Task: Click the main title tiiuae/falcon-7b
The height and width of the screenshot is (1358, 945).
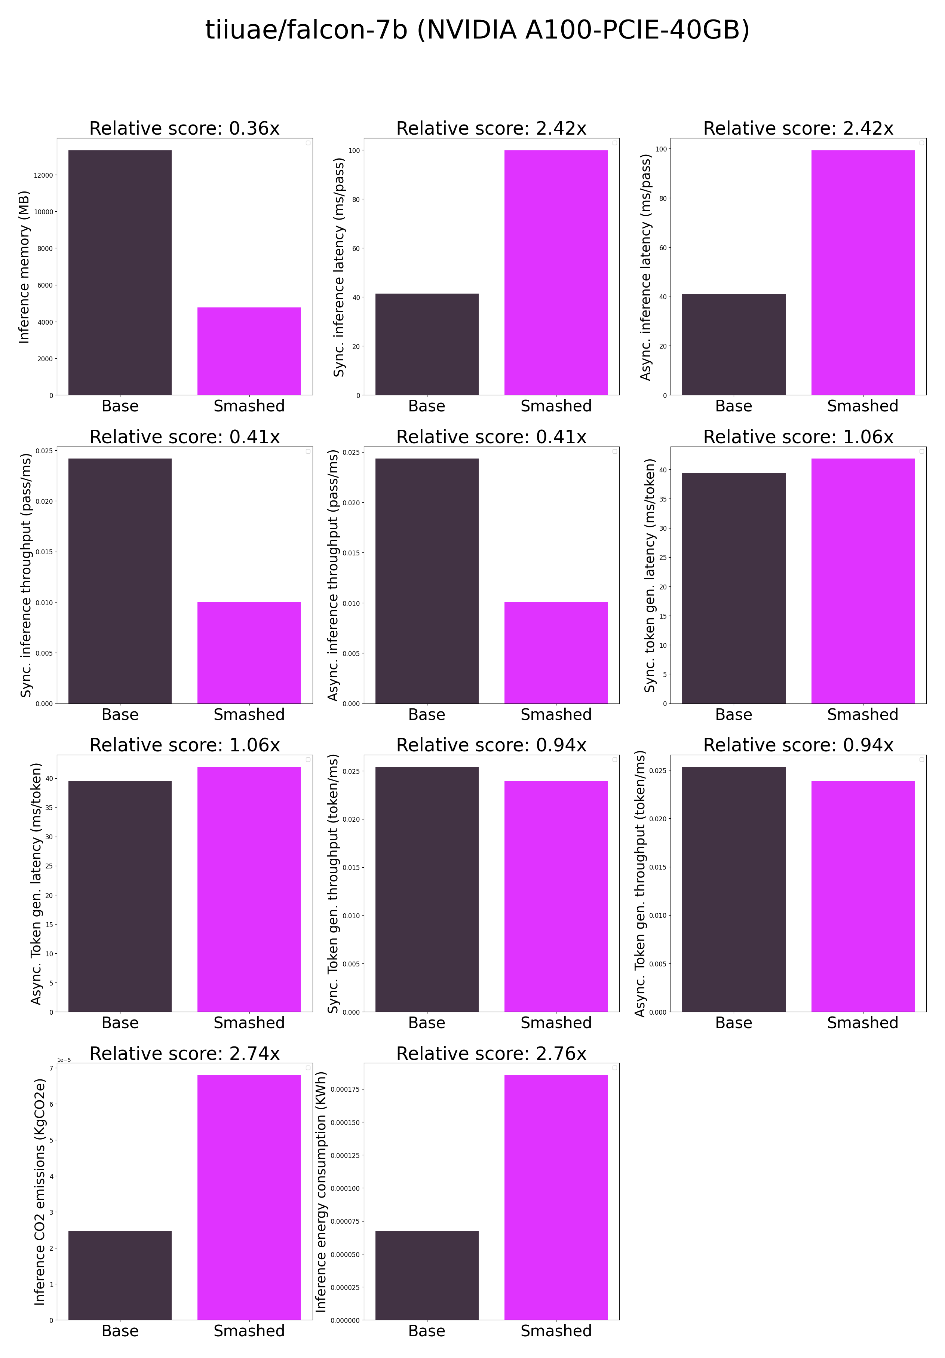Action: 477,30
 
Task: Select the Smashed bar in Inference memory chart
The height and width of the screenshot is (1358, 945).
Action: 249,351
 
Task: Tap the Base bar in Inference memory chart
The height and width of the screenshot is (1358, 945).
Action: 120,273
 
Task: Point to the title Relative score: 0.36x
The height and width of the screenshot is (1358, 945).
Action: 184,128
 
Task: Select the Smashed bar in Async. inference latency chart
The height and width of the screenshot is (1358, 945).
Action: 862,273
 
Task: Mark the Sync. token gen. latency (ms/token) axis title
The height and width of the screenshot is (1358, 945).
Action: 649,575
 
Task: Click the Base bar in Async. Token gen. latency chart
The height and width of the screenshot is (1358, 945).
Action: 120,896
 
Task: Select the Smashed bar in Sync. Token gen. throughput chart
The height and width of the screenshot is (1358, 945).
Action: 555,896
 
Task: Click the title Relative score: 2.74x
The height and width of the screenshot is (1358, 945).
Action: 184,1054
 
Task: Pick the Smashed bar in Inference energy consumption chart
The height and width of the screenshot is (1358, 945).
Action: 555,1197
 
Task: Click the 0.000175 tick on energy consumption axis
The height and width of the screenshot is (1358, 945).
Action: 345,1089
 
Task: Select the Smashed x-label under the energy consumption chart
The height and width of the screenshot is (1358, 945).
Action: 555,1331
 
